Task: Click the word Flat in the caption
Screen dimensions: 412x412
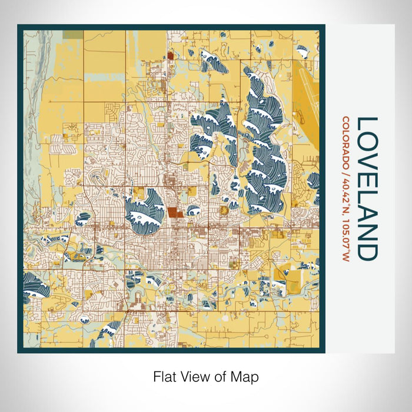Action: point(165,376)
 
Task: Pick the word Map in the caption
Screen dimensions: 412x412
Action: point(246,376)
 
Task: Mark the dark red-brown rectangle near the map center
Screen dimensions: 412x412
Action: point(174,212)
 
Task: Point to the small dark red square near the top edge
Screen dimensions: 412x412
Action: point(170,55)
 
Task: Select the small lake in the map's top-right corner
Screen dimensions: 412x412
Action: point(302,52)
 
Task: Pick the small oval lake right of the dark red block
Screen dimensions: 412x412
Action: point(192,210)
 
